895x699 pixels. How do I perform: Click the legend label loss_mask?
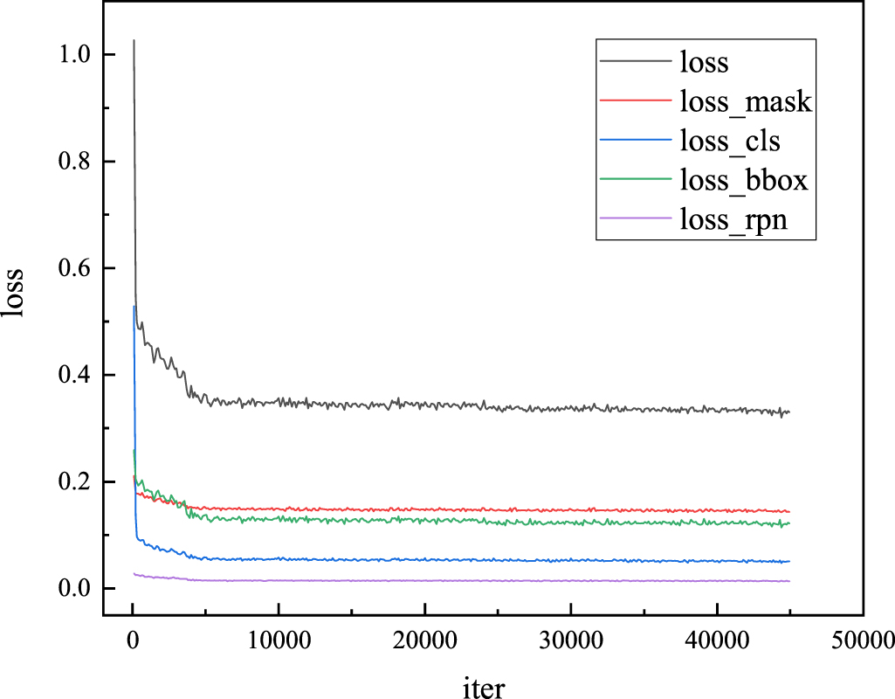[745, 102]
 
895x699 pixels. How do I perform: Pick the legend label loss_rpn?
[733, 221]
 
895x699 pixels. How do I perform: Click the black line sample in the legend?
[634, 62]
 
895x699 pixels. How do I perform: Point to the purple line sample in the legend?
[634, 220]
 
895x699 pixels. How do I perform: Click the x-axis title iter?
[482, 685]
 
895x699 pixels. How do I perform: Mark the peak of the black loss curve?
[134, 40]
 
